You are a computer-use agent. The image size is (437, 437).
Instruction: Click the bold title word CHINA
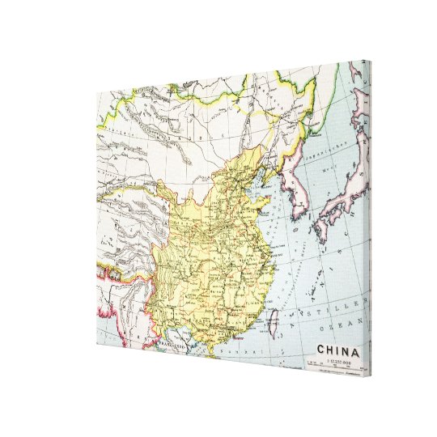click(x=337, y=350)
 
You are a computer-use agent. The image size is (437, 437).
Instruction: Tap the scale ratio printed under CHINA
click(x=337, y=361)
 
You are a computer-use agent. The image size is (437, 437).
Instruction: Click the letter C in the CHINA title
click(x=320, y=350)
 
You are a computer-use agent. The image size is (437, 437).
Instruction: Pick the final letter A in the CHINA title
click(x=354, y=351)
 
